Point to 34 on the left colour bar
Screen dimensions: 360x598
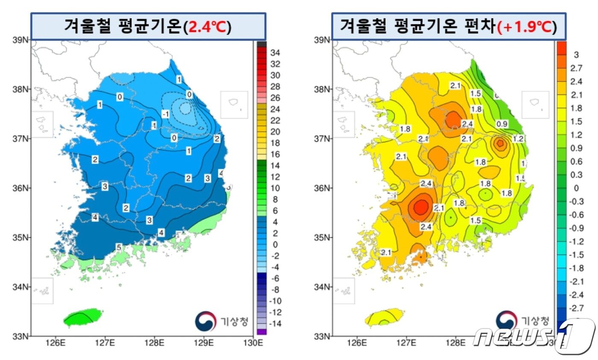[276, 53]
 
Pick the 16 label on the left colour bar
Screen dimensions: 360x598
[276, 154]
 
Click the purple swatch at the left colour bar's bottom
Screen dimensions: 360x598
[262, 331]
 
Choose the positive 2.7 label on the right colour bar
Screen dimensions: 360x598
[577, 68]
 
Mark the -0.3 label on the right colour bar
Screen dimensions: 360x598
[577, 201]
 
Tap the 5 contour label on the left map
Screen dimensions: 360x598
[119, 247]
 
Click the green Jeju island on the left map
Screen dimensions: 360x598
[84, 317]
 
